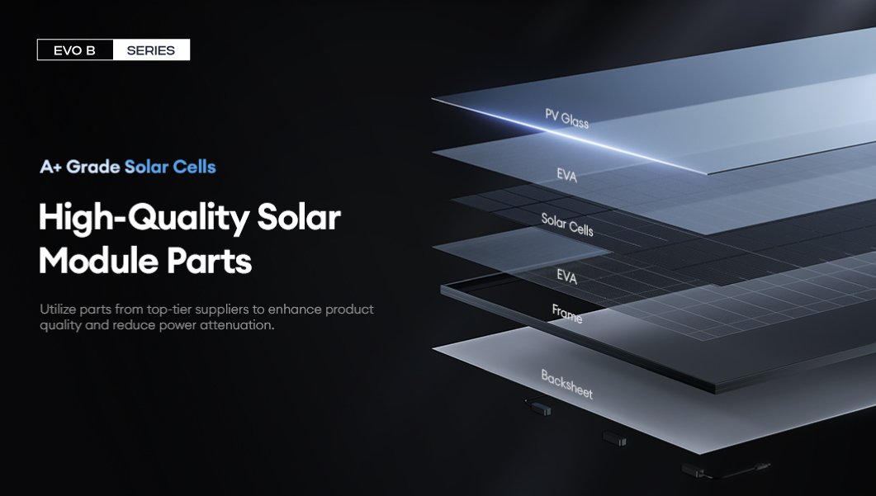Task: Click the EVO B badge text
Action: click(x=74, y=50)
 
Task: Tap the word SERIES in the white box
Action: click(x=151, y=50)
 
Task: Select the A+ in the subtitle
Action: click(x=50, y=167)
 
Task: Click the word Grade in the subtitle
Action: click(x=92, y=167)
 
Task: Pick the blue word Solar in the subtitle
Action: click(x=146, y=167)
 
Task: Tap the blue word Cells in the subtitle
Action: click(x=194, y=167)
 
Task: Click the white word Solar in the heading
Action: click(x=299, y=217)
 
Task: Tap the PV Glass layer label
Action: click(x=566, y=118)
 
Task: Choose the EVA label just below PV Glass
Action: click(x=566, y=176)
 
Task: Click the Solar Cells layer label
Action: click(x=567, y=224)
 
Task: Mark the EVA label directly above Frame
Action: click(x=566, y=276)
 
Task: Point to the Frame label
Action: click(x=567, y=314)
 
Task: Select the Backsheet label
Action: click(x=566, y=384)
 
